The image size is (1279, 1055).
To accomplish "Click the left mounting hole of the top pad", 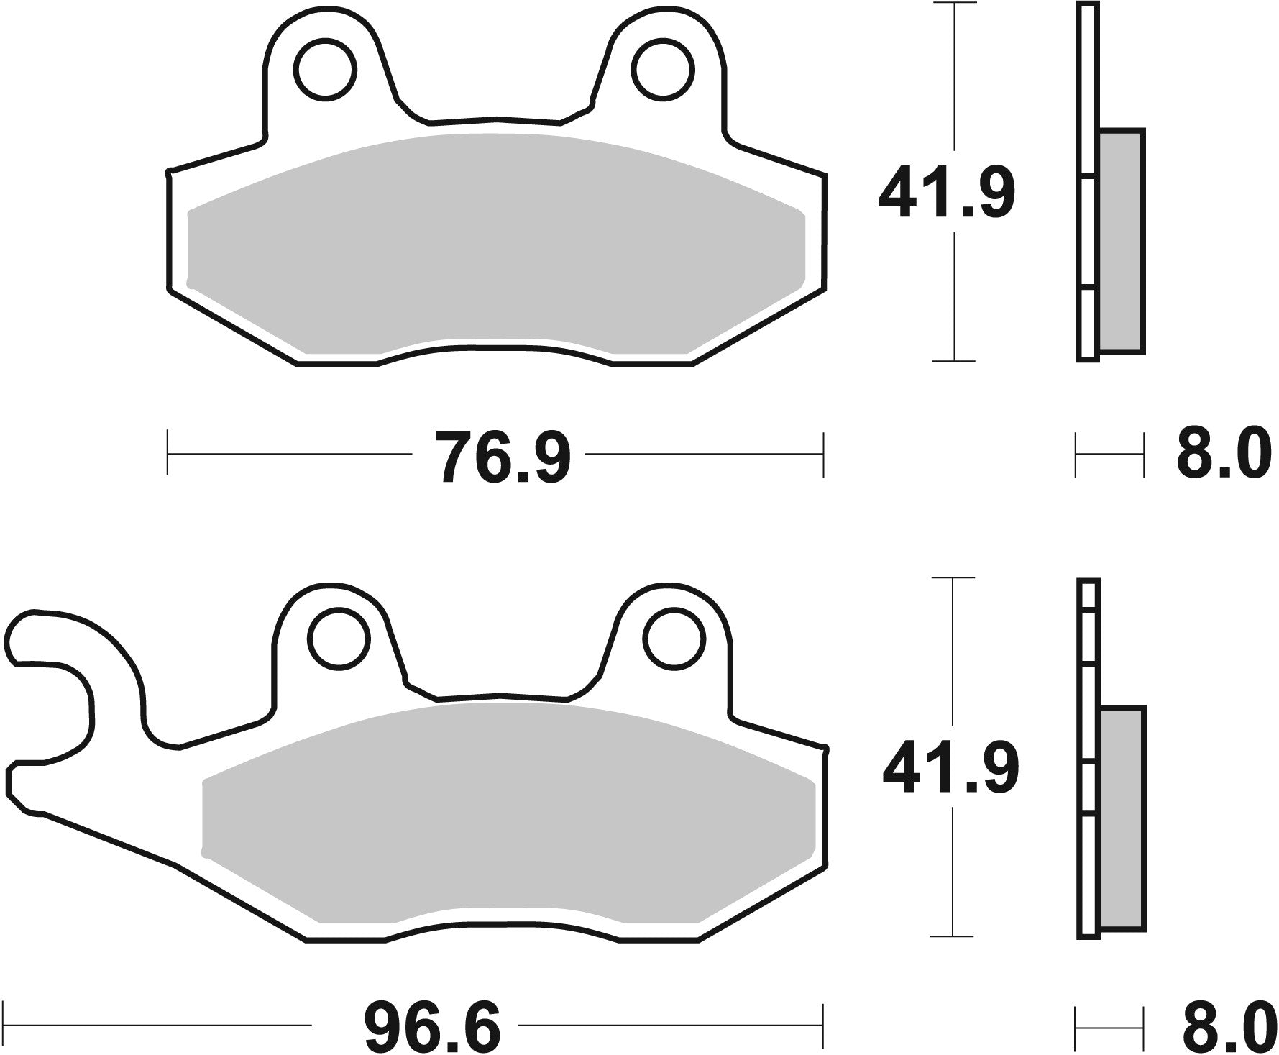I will click(325, 70).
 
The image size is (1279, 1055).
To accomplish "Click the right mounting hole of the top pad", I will click(663, 70).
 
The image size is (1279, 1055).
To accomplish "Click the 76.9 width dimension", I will click(505, 456).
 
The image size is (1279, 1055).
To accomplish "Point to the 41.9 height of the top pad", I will click(946, 191).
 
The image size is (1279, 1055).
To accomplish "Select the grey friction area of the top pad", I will click(496, 245).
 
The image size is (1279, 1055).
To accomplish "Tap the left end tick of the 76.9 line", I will click(168, 454).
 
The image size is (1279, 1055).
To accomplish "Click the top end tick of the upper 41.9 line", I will click(953, 4).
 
